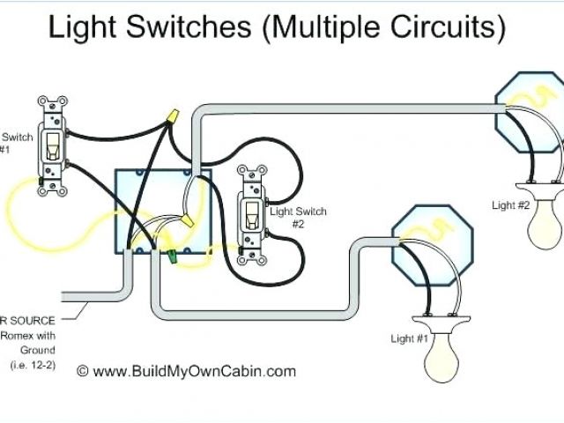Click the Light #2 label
point(510,205)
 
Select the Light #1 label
point(409,338)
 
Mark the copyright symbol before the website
point(83,371)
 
